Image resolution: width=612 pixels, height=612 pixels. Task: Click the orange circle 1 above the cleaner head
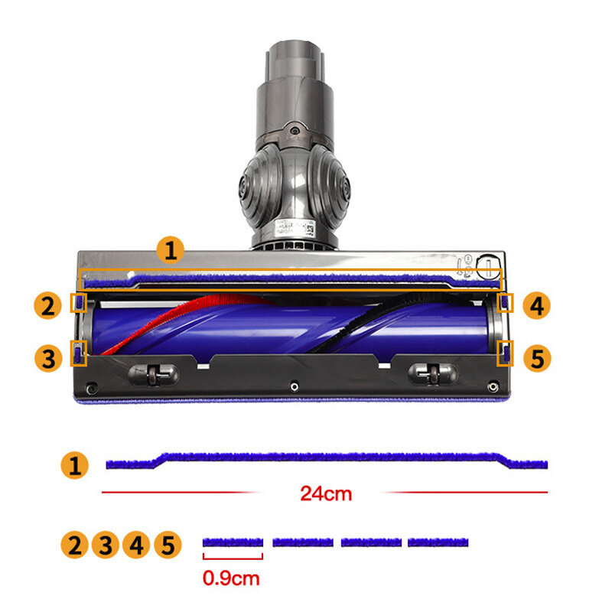click(171, 250)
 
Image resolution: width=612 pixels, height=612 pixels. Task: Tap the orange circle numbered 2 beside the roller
click(48, 305)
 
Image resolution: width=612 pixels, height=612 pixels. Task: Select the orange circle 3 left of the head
click(48, 358)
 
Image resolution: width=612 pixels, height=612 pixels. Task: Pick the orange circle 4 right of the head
click(537, 305)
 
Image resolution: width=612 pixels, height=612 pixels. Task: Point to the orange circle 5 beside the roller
click(537, 358)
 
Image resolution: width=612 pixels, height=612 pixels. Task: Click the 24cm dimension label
click(326, 493)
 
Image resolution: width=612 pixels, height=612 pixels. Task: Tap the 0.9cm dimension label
click(231, 578)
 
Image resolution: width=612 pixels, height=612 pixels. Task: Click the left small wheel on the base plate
click(153, 375)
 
